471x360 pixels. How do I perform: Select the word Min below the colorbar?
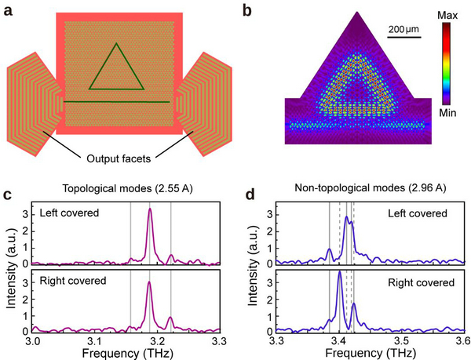tap(448, 113)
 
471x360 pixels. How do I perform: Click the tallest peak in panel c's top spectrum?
tap(149, 209)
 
